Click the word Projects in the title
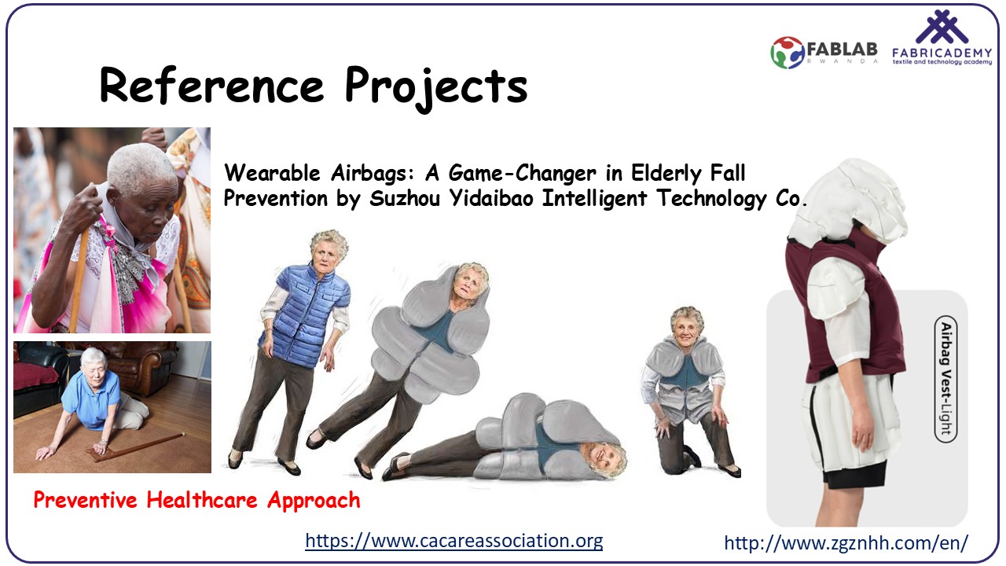point(436,88)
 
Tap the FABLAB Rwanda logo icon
point(788,53)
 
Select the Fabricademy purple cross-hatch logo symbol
point(942,27)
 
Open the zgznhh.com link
point(846,542)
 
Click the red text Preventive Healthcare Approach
point(196,501)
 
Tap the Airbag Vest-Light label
point(945,379)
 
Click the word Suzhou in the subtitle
point(405,199)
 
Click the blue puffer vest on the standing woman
point(305,315)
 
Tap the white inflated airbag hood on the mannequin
point(846,201)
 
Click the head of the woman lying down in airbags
point(604,458)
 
